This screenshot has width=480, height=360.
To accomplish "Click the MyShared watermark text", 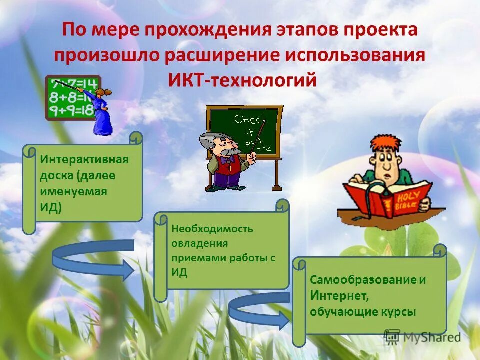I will click(x=431, y=337).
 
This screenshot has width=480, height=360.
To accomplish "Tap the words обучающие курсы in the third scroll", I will click(x=363, y=312).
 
